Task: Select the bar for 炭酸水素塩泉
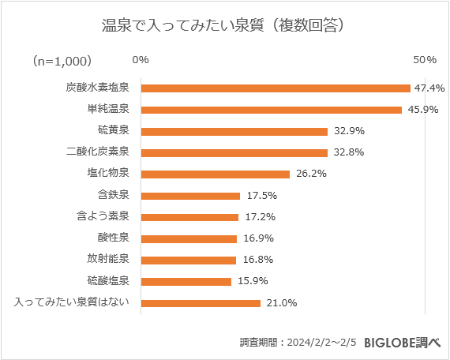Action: [275, 88]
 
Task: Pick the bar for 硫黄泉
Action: [234, 131]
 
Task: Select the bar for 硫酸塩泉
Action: [186, 281]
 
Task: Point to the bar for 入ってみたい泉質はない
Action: [200, 302]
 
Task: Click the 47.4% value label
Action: [429, 88]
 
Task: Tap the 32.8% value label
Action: [347, 152]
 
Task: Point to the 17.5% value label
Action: [260, 195]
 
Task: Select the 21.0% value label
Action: [279, 302]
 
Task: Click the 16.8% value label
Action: [256, 260]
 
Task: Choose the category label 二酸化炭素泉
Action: [103, 152]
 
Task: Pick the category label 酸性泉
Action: [114, 238]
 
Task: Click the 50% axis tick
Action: [426, 60]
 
